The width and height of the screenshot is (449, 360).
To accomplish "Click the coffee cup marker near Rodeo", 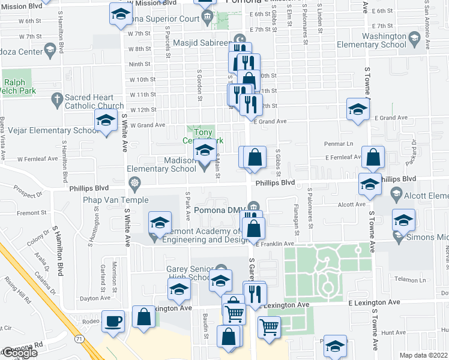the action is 113,321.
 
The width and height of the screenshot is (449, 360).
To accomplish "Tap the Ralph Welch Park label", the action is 19,86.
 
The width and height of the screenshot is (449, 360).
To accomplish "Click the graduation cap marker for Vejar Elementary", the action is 106,122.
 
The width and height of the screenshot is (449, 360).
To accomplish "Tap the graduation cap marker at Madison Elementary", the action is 205,150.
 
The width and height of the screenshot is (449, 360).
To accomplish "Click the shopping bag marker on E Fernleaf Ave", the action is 373,158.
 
